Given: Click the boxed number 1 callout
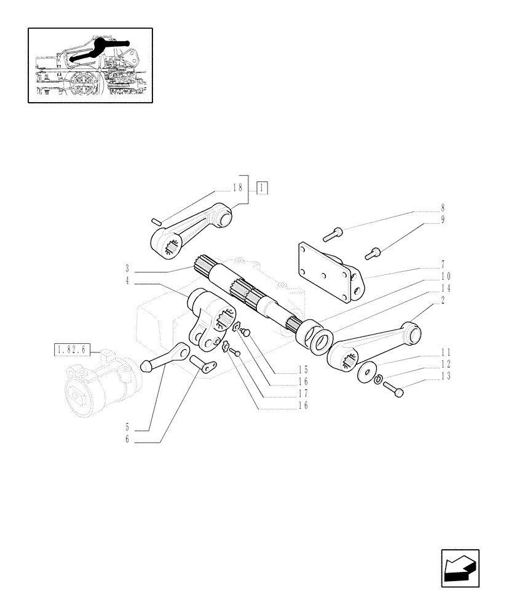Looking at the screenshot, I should tap(263, 188).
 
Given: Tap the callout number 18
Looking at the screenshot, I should tap(239, 188).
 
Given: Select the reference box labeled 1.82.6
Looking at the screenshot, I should tap(72, 351).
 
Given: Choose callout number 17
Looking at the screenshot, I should tap(302, 394).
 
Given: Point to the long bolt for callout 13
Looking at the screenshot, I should tap(393, 389).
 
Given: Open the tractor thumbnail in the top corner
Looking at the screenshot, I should tap(90, 65).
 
